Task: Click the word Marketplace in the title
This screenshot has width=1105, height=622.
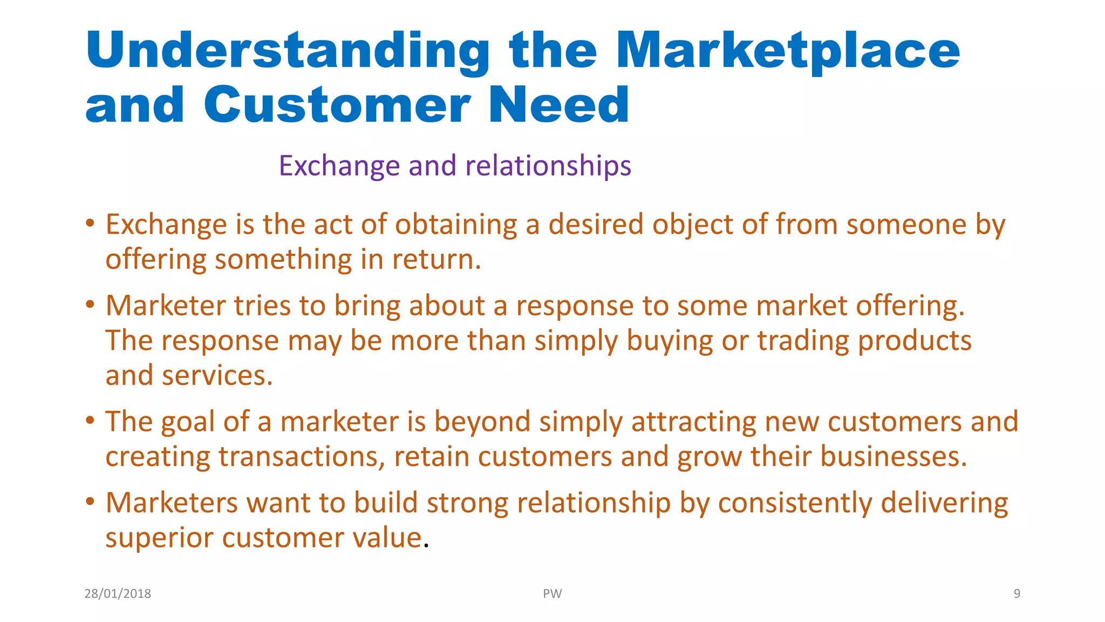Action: [788, 51]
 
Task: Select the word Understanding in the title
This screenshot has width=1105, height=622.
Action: [287, 51]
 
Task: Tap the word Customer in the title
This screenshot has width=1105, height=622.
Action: [337, 105]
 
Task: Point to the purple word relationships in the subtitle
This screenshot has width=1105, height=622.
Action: [548, 166]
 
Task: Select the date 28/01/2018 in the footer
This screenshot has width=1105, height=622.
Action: [118, 593]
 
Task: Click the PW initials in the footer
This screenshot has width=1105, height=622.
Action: [552, 593]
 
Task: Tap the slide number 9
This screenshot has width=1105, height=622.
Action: [1017, 593]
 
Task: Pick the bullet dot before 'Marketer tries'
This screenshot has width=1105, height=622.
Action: [90, 305]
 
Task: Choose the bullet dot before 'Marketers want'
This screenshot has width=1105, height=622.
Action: [90, 502]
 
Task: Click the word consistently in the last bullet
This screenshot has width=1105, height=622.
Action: [795, 503]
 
